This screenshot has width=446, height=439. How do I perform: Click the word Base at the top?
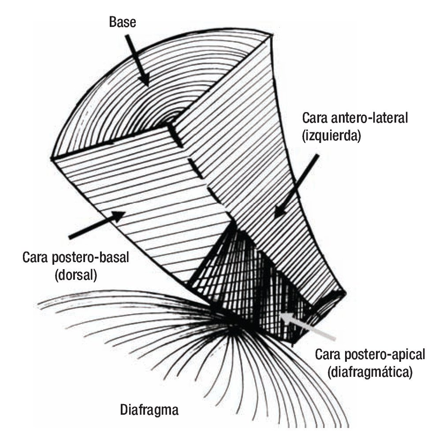[x=122, y=22]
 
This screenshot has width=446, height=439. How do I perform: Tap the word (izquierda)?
[x=331, y=136]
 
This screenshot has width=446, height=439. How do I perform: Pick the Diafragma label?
[x=149, y=410]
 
